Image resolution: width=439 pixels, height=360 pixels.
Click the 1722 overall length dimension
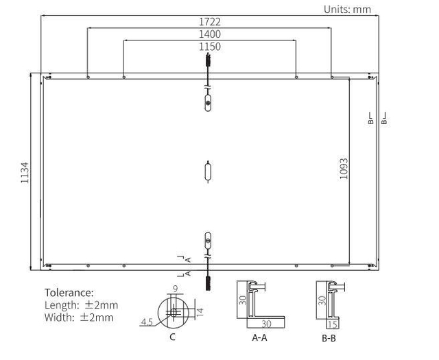pyautogui.click(x=210, y=22)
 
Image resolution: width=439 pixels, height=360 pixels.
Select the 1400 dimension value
pyautogui.click(x=210, y=34)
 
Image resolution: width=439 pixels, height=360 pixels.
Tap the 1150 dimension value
pyautogui.click(x=210, y=47)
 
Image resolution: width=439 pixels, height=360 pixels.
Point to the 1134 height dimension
pyautogui.click(x=25, y=172)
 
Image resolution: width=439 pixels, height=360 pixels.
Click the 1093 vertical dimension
pyautogui.click(x=344, y=169)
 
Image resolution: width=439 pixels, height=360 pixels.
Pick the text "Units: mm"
pyautogui.click(x=347, y=10)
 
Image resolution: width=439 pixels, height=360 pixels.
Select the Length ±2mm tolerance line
pyautogui.click(x=81, y=305)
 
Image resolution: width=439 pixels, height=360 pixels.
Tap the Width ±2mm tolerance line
pyautogui.click(x=79, y=317)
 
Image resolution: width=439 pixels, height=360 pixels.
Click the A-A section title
pyautogui.click(x=259, y=337)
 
